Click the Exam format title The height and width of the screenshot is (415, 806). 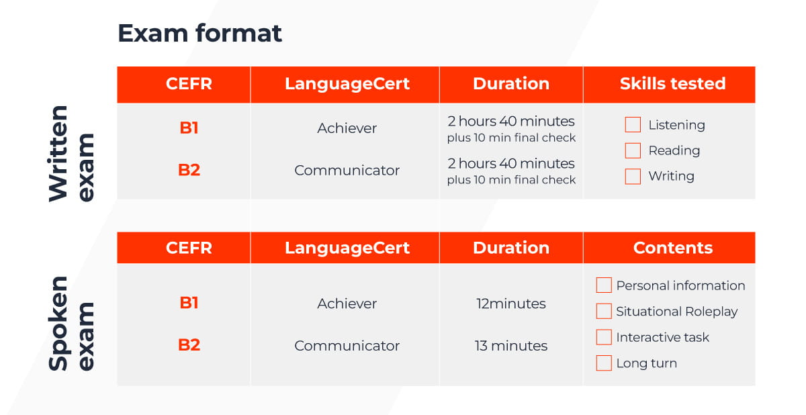199,33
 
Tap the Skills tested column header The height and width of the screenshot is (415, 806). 672,84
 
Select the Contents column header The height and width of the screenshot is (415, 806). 673,248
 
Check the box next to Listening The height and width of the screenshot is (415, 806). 633,125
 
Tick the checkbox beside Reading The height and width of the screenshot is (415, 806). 633,150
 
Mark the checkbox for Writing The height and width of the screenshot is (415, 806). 633,176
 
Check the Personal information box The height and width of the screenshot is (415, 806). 604,285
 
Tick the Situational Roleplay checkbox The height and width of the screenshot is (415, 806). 604,311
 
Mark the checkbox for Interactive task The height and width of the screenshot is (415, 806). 604,337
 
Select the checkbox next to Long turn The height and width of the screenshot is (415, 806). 604,363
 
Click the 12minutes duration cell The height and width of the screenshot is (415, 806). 511,304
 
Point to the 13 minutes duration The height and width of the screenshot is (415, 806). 511,346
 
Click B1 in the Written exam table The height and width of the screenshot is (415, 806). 189,128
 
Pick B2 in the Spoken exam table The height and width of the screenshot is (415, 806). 189,345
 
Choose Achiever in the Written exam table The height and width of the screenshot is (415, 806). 347,128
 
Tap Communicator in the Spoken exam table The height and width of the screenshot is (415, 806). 347,346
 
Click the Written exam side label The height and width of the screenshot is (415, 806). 71,154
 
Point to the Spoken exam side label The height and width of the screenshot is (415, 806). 71,323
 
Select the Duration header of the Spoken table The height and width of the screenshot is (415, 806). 511,248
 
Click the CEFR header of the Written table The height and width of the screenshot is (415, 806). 189,84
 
